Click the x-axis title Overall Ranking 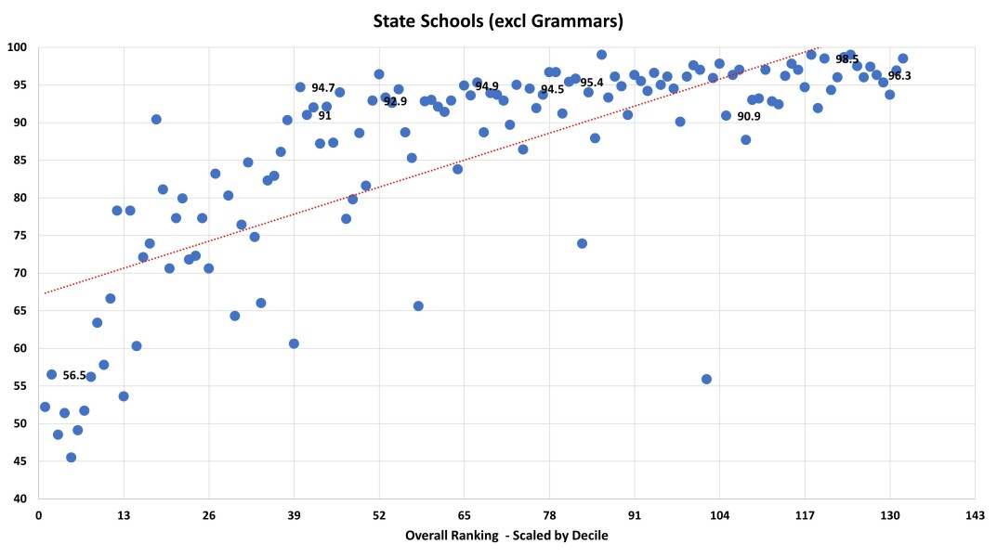click(506, 537)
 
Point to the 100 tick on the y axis click(22, 47)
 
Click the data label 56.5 click(74, 376)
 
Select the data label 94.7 click(323, 88)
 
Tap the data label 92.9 click(395, 101)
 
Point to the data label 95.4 click(592, 83)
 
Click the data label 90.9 click(749, 117)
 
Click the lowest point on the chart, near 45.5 click(71, 458)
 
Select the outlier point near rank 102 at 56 click(706, 379)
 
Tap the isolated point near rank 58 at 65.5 click(418, 306)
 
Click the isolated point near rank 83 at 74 click(582, 243)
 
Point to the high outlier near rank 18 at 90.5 click(156, 119)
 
